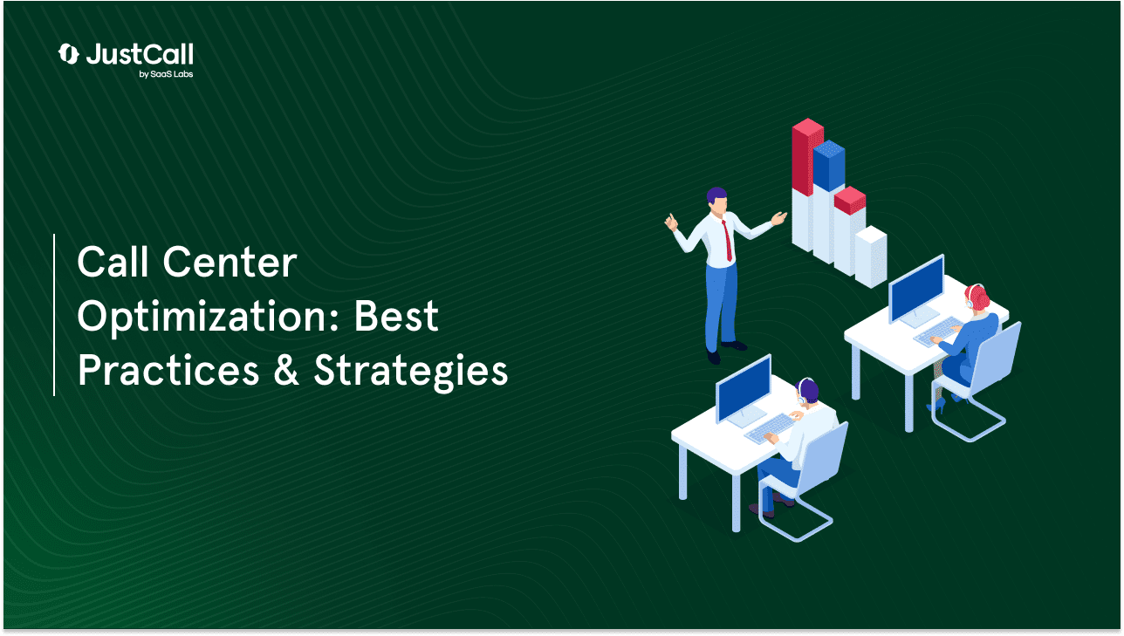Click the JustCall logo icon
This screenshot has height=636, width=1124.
tap(68, 54)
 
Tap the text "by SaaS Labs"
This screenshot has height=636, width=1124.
tap(166, 74)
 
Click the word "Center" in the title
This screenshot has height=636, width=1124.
tap(230, 263)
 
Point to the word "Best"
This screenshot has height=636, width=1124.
tap(396, 316)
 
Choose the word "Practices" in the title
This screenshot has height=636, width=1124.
tap(168, 370)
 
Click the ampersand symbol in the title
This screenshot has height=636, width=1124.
tap(286, 370)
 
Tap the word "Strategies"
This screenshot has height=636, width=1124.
tap(410, 372)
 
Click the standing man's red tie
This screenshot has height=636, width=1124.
tap(727, 241)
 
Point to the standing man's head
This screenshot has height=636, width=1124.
tap(717, 200)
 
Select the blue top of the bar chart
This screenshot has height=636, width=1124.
tap(828, 165)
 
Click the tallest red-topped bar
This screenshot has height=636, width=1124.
tap(807, 185)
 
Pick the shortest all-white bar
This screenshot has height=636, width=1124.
tap(871, 256)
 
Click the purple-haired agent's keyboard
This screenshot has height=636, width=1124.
tap(768, 428)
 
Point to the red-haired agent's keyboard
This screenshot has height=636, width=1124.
tap(938, 332)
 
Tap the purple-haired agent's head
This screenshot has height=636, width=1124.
tap(807, 391)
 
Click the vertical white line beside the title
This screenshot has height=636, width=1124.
tap(54, 314)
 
